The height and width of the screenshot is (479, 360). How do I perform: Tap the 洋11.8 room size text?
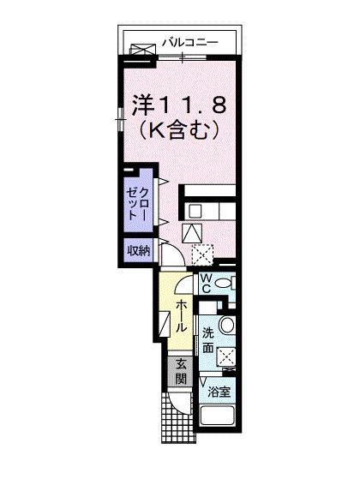pos(178,105)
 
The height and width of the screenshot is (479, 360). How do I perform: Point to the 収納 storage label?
pos(140,251)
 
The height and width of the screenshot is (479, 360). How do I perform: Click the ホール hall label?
pos(182,317)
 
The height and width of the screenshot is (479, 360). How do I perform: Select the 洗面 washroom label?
pos(208,340)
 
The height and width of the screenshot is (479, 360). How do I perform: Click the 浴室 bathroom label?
pos(219,392)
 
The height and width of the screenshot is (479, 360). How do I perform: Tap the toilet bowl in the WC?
pos(223,284)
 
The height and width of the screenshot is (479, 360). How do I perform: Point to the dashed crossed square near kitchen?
pos(205,253)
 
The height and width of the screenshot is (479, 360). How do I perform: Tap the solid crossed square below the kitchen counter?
pos(194,231)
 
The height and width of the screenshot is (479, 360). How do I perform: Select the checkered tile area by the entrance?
pos(181,421)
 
